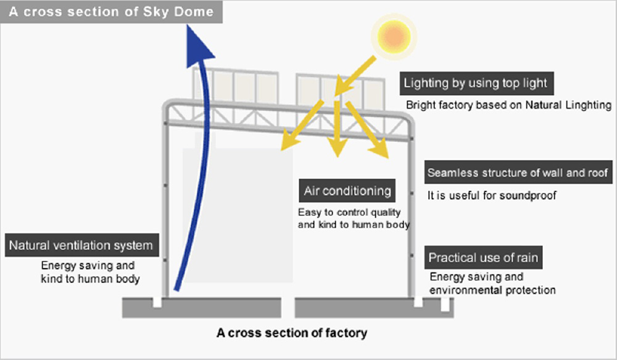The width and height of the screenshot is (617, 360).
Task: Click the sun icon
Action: pyautogui.click(x=394, y=36)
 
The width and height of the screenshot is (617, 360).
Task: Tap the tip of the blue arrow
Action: pyautogui.click(x=188, y=25)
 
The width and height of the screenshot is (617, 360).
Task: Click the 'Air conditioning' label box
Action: pyautogui.click(x=347, y=191)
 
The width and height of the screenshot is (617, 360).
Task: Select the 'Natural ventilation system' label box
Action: pyautogui.click(x=82, y=245)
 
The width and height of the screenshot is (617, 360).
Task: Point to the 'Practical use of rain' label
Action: pyautogui.click(x=483, y=257)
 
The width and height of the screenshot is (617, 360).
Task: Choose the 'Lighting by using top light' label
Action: pyautogui.click(x=476, y=83)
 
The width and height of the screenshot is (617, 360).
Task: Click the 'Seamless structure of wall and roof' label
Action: pyautogui.click(x=518, y=172)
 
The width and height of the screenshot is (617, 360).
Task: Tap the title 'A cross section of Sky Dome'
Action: pyautogui.click(x=111, y=11)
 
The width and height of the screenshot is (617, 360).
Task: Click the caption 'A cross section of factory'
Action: pyautogui.click(x=292, y=333)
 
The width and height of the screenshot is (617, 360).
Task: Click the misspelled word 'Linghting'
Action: pyautogui.click(x=588, y=105)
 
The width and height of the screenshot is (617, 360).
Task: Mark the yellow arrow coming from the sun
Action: pyautogui.click(x=355, y=76)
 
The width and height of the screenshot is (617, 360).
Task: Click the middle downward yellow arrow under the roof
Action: pyautogui.click(x=337, y=128)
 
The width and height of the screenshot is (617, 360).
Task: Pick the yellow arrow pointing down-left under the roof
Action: pyautogui.click(x=302, y=125)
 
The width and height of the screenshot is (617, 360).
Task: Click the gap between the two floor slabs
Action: pyautogui.click(x=288, y=308)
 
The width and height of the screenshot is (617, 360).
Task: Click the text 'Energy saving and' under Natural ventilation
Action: pyautogui.click(x=88, y=266)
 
